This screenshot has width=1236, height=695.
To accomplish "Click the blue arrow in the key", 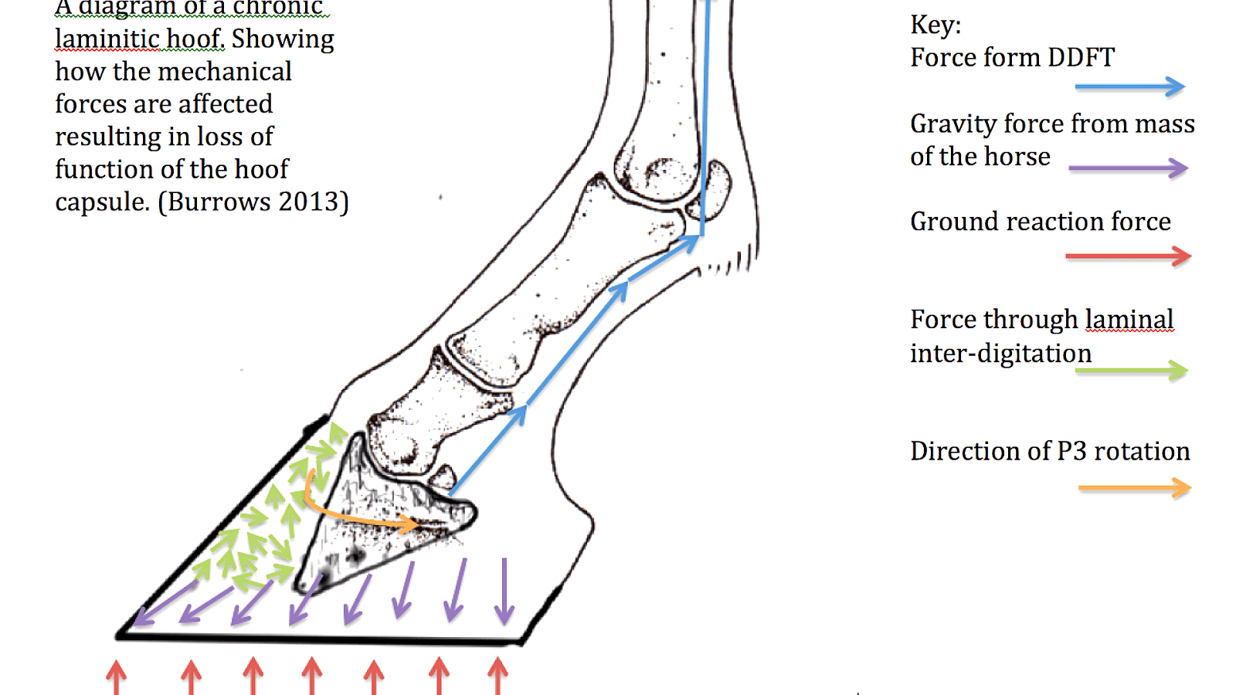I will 1129,86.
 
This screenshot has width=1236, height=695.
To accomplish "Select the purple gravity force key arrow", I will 1128,168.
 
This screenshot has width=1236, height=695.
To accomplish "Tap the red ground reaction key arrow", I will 1128,256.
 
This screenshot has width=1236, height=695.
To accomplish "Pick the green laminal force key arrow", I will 1131,371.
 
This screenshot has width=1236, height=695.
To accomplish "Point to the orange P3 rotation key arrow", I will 1134,488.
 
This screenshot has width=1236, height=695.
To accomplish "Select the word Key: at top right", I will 935,25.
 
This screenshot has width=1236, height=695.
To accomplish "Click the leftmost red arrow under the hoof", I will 117,676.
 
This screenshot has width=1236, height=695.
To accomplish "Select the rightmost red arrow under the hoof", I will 498,675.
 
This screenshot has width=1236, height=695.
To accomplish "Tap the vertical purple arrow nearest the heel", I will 504,591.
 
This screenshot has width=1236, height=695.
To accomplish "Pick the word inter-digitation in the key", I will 1000,354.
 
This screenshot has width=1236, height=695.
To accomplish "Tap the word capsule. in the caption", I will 102,202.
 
